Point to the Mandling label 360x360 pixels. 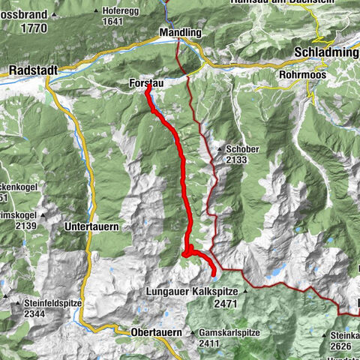(x=181, y=33)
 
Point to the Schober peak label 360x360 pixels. (x=244, y=149)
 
